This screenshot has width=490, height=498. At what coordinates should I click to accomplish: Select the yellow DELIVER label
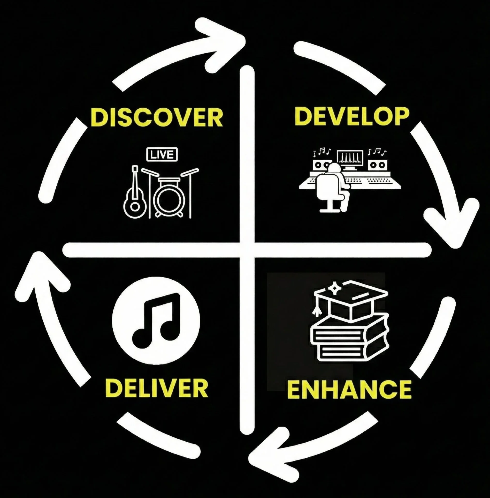tap(157, 388)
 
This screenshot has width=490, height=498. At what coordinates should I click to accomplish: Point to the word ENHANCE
tap(349, 389)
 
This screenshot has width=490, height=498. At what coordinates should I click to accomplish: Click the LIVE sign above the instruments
tap(162, 155)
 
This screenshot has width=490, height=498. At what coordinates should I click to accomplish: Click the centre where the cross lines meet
tap(247, 250)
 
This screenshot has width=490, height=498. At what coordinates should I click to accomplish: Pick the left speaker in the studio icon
tap(321, 164)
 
